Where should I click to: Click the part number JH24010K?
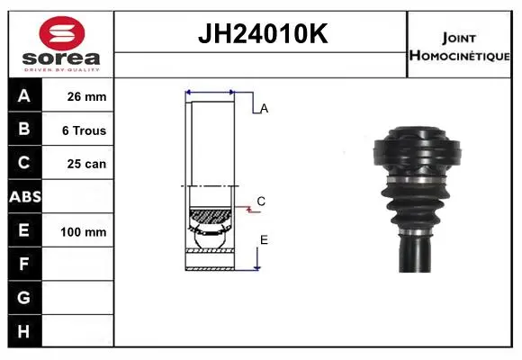263,33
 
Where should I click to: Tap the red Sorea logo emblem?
62,33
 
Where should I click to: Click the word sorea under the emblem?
61,58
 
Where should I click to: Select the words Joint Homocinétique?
459,47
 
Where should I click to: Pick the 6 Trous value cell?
78,130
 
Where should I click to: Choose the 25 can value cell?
78,163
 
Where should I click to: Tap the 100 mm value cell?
78,230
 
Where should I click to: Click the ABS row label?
25,197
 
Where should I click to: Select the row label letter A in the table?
24,96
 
